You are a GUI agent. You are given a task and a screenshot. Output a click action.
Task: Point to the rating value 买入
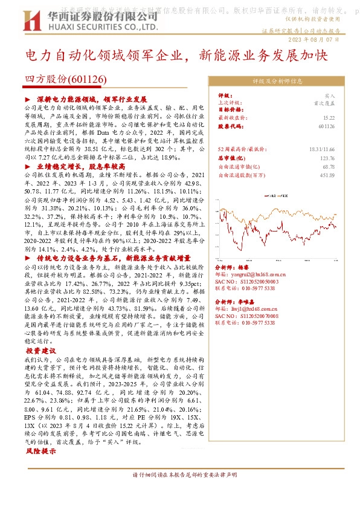point(329,95)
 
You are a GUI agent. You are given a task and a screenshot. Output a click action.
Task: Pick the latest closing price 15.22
point(329,118)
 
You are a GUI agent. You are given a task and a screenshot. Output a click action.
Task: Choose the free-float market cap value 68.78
point(329,166)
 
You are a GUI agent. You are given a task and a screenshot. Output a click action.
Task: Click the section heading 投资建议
point(40,351)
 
